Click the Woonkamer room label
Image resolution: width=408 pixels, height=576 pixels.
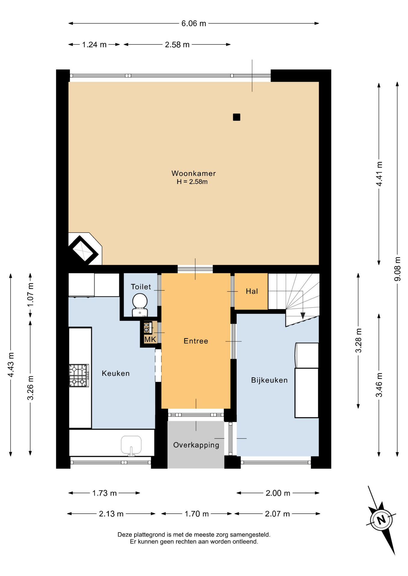(x=193, y=173)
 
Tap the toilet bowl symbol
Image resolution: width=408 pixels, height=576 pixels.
(x=140, y=304)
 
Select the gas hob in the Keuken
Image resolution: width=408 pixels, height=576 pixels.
(x=79, y=376)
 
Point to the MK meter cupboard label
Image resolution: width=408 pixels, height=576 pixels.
(x=150, y=339)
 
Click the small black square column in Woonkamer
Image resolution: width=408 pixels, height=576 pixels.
(x=236, y=117)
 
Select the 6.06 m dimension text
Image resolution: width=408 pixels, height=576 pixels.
(x=194, y=23)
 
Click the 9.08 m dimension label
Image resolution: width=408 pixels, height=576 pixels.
(x=397, y=269)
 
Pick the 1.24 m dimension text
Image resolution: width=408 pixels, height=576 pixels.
(x=94, y=45)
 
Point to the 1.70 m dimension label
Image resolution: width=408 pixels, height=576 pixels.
(x=196, y=514)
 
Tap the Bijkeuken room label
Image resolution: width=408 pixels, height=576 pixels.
(x=269, y=380)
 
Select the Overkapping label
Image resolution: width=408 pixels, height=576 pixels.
(x=196, y=445)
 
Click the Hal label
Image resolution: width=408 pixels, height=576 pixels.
(x=252, y=291)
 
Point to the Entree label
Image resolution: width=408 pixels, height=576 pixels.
(x=196, y=341)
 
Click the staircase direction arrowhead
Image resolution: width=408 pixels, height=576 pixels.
(x=303, y=316)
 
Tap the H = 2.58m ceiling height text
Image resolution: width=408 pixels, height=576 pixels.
(x=192, y=182)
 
